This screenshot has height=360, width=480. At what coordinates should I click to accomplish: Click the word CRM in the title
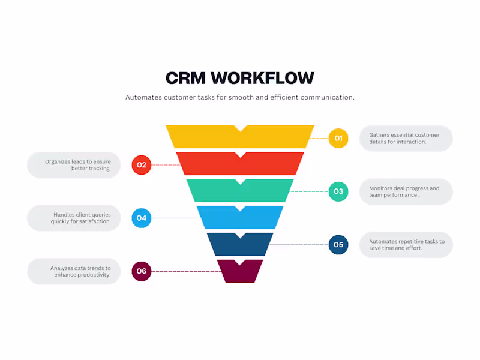[185, 78]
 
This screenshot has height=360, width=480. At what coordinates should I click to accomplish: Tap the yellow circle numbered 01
[338, 138]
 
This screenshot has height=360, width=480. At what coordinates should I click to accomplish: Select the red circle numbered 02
[142, 164]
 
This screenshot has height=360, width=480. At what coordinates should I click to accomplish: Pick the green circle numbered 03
[338, 191]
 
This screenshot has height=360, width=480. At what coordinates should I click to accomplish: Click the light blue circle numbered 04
[142, 218]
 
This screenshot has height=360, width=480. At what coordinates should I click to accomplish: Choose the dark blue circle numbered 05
[338, 245]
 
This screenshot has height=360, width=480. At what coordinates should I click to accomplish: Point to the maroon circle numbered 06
[142, 271]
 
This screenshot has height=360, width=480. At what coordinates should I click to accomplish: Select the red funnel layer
[240, 166]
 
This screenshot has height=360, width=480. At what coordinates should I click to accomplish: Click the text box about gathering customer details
[406, 139]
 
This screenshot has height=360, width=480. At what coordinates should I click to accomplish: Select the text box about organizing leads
[74, 165]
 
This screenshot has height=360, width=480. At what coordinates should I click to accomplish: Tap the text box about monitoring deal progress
[406, 191]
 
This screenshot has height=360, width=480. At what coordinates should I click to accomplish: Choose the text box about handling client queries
[74, 218]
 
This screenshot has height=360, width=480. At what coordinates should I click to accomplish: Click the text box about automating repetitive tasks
[406, 245]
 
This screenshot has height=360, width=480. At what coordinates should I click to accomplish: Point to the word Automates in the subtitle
[144, 97]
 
